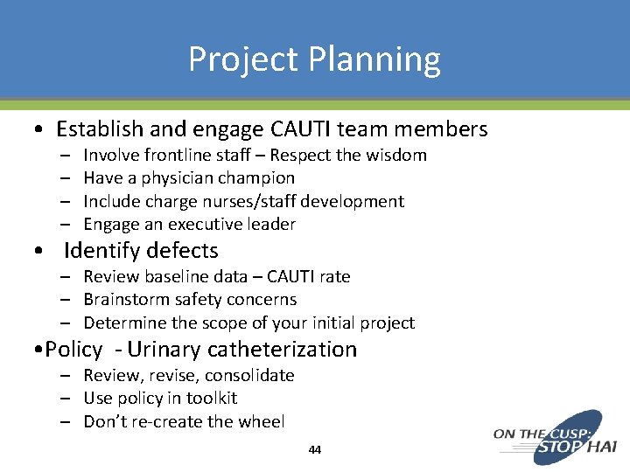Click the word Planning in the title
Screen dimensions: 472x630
[x=375, y=59]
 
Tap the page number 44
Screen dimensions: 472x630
[x=315, y=450]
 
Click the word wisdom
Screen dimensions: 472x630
[x=396, y=156]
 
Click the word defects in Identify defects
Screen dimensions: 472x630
[x=178, y=251]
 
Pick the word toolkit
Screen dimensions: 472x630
[x=211, y=399]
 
